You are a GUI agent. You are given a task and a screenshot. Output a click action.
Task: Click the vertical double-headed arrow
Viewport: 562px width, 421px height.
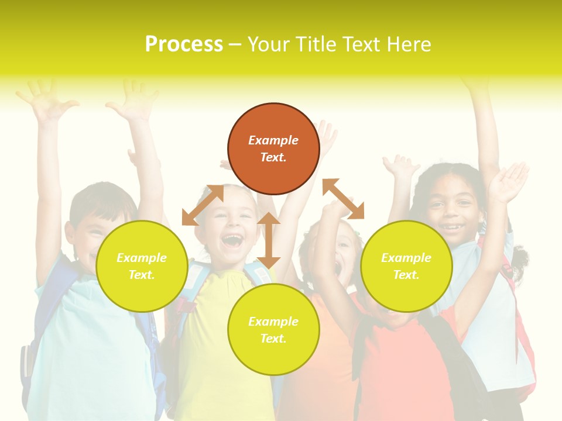point(269,240)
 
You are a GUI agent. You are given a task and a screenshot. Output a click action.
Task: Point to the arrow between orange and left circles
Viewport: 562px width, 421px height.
point(203,205)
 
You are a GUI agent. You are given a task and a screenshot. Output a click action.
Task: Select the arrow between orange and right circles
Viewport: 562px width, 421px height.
point(344,199)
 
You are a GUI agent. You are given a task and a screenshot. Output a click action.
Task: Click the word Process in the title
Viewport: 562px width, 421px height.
point(184,44)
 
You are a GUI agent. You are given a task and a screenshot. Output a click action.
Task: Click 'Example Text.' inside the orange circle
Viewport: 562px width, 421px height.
point(273,149)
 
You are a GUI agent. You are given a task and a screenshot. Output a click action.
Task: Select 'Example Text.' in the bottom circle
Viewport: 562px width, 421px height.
point(273,330)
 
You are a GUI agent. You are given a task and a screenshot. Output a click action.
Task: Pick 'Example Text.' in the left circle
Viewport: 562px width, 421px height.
point(142,266)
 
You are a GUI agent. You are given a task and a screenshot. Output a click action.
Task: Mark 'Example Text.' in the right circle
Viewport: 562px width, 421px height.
point(406,266)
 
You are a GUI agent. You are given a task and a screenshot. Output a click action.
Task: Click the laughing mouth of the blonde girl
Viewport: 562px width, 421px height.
point(232,240)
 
